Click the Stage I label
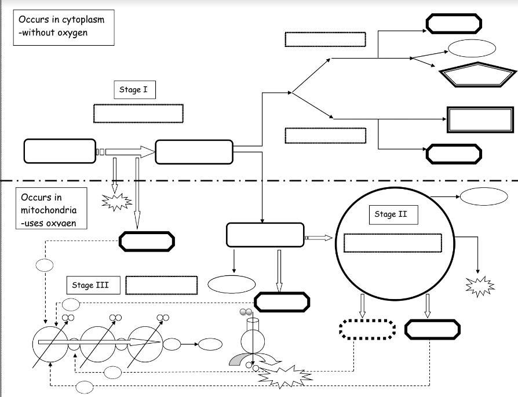[134, 89]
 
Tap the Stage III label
[90, 285]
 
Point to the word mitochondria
[48, 210]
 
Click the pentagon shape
[477, 75]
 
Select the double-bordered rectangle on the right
[480, 120]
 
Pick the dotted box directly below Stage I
[138, 114]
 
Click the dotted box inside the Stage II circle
[392, 243]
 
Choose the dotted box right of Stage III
[161, 285]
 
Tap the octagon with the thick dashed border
[367, 329]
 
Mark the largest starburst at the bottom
[285, 377]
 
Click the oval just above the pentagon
[472, 48]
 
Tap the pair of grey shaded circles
[247, 312]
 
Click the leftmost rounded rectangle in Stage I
[60, 151]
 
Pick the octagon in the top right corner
[454, 24]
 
